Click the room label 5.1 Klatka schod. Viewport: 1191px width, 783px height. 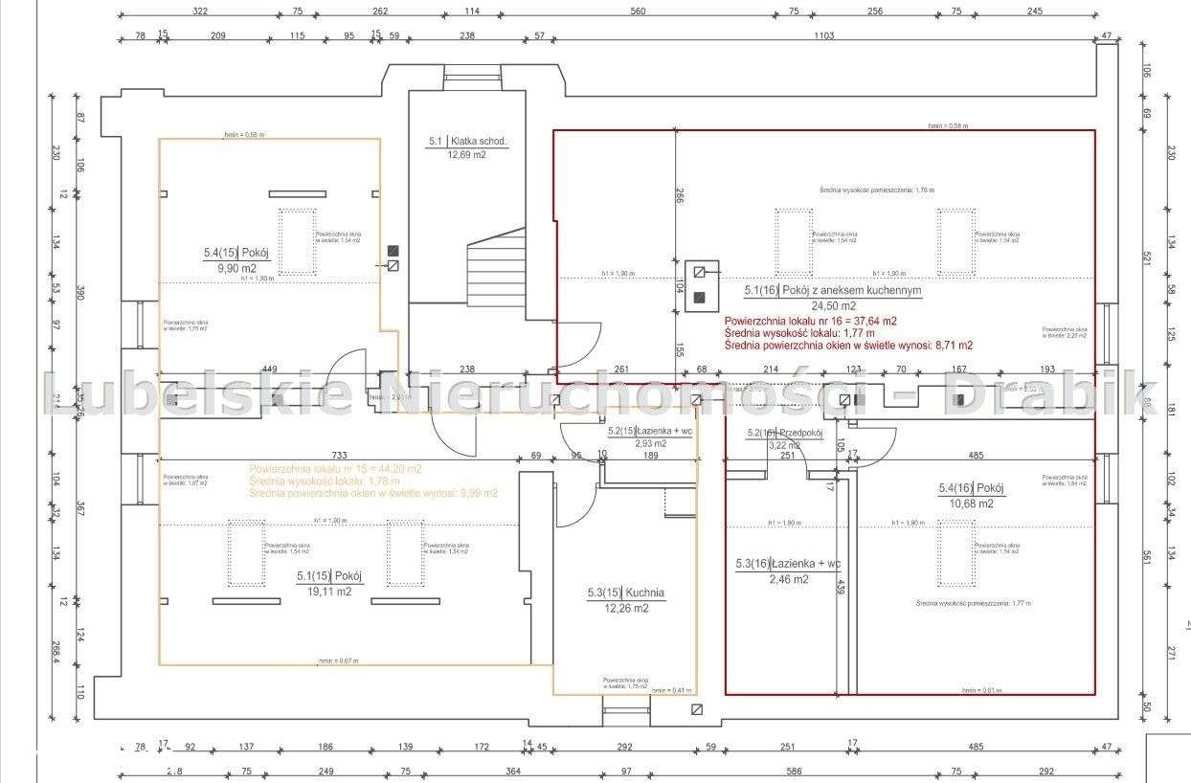[x=467, y=142]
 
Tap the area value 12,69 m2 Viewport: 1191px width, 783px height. [x=467, y=154]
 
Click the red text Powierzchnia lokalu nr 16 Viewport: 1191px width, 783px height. [x=810, y=321]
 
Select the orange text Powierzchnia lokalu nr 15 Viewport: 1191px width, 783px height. [x=334, y=469]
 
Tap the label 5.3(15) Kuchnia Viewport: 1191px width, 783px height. [x=625, y=593]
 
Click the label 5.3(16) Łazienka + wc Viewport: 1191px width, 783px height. [x=788, y=564]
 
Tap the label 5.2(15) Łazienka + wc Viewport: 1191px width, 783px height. [x=650, y=432]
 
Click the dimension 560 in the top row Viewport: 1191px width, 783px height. [x=638, y=11]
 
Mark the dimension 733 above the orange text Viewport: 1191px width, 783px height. [x=339, y=455]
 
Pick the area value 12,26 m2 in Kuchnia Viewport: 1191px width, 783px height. [x=625, y=608]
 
